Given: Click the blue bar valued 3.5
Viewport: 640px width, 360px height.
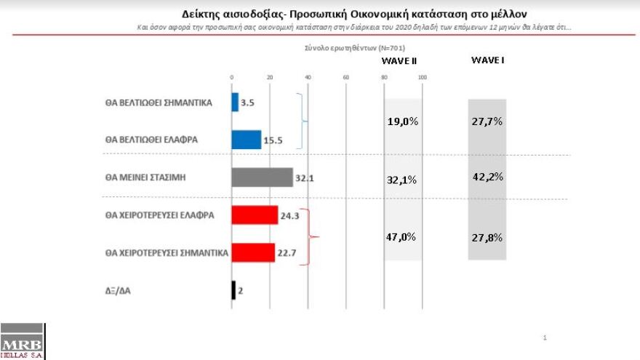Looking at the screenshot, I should click(x=235, y=103).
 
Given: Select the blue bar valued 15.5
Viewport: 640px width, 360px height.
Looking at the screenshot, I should click(x=246, y=140).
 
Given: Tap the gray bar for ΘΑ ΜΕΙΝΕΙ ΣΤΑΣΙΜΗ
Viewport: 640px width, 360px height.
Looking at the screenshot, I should click(x=261, y=177).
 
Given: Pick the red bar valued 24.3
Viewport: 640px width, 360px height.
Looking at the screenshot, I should click(x=255, y=215).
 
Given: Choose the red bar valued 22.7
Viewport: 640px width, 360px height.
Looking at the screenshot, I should click(x=252, y=252).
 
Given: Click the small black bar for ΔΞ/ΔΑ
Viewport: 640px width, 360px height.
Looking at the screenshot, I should click(x=233, y=290).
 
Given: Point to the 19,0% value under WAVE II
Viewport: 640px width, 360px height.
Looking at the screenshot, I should click(x=402, y=121).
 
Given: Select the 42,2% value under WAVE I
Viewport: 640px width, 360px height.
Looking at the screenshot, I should click(x=487, y=177).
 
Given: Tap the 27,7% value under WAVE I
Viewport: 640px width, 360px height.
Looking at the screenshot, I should click(x=487, y=121).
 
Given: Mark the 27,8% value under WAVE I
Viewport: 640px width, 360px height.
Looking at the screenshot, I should click(x=487, y=237).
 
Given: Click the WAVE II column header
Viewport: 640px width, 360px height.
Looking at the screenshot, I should click(x=399, y=61).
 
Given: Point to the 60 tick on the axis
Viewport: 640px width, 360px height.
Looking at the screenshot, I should click(x=345, y=77).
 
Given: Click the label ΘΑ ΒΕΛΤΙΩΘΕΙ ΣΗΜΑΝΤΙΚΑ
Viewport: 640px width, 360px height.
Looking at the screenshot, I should click(x=159, y=103).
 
